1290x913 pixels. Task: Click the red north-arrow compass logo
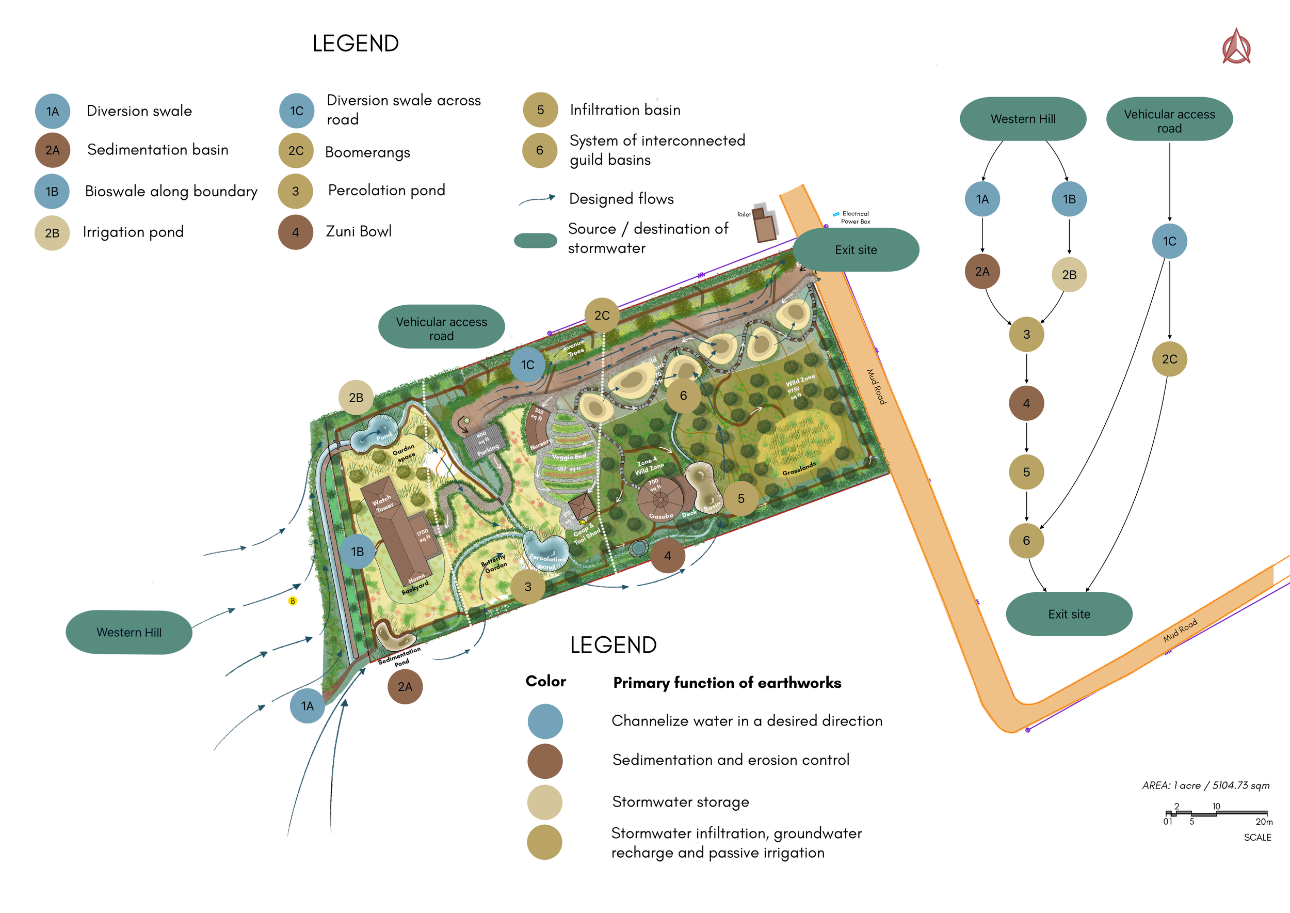[1236, 47]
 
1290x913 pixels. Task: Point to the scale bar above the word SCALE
[1217, 813]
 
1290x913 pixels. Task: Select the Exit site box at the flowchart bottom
[1069, 614]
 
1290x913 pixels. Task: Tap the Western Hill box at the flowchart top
[1023, 119]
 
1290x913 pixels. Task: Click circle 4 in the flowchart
[1026, 403]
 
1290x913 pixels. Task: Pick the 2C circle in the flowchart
[1169, 359]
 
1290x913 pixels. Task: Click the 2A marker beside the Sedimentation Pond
[405, 686]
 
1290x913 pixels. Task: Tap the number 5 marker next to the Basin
[740, 499]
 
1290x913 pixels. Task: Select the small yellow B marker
[292, 601]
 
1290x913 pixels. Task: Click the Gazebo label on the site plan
[660, 515]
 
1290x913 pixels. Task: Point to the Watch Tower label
[383, 503]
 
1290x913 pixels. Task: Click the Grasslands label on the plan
[798, 469]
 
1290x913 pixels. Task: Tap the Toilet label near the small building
[744, 214]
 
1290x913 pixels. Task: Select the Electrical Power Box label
[855, 217]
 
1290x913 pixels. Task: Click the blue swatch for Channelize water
[545, 721]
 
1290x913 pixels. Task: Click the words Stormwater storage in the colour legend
[681, 801]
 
